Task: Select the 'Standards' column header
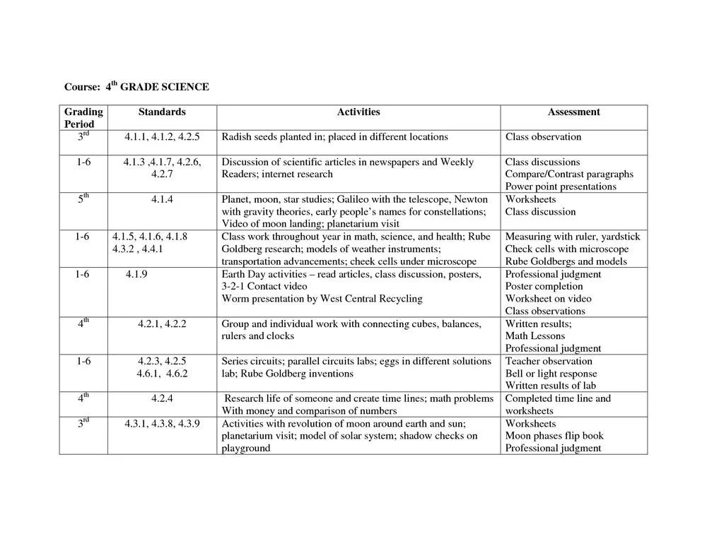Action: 162,112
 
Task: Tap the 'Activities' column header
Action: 358,112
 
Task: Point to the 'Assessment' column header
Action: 573,112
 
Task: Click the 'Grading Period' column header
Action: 83,117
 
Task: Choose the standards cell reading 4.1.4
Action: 162,199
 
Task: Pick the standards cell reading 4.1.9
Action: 136,274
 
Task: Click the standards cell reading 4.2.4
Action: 162,398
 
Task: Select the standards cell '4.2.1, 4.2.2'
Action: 162,324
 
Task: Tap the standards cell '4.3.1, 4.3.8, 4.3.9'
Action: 162,424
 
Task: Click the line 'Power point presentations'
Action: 561,186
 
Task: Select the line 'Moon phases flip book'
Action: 554,436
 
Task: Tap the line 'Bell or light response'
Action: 551,374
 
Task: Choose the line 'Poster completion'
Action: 544,286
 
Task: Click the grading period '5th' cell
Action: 83,198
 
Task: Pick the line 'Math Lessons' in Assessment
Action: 534,336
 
